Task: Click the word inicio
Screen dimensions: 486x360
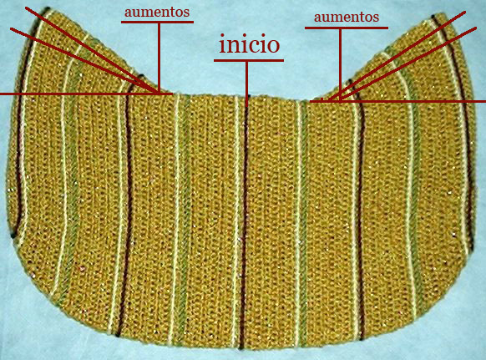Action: (x=249, y=44)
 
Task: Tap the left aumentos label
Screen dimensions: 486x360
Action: (x=157, y=12)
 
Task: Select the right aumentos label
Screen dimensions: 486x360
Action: (x=347, y=17)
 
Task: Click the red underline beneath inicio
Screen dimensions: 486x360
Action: (x=249, y=60)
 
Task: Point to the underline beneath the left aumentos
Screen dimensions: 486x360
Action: (x=157, y=22)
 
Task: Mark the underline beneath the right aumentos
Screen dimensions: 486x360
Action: (x=347, y=28)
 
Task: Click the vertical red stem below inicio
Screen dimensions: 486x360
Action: (x=246, y=84)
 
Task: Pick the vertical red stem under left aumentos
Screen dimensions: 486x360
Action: (x=159, y=58)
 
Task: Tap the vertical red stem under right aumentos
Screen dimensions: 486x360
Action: (x=340, y=65)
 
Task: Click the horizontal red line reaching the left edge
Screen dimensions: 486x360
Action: (x=86, y=94)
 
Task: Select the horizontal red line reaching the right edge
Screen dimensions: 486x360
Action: (x=397, y=101)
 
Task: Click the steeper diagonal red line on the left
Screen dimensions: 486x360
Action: (x=92, y=50)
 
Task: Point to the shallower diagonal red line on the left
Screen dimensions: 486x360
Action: (x=84, y=61)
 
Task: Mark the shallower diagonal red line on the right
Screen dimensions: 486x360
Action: (x=409, y=63)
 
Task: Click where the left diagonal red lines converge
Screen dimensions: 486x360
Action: (x=158, y=93)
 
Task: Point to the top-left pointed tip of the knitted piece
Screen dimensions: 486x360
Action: (x=47, y=8)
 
